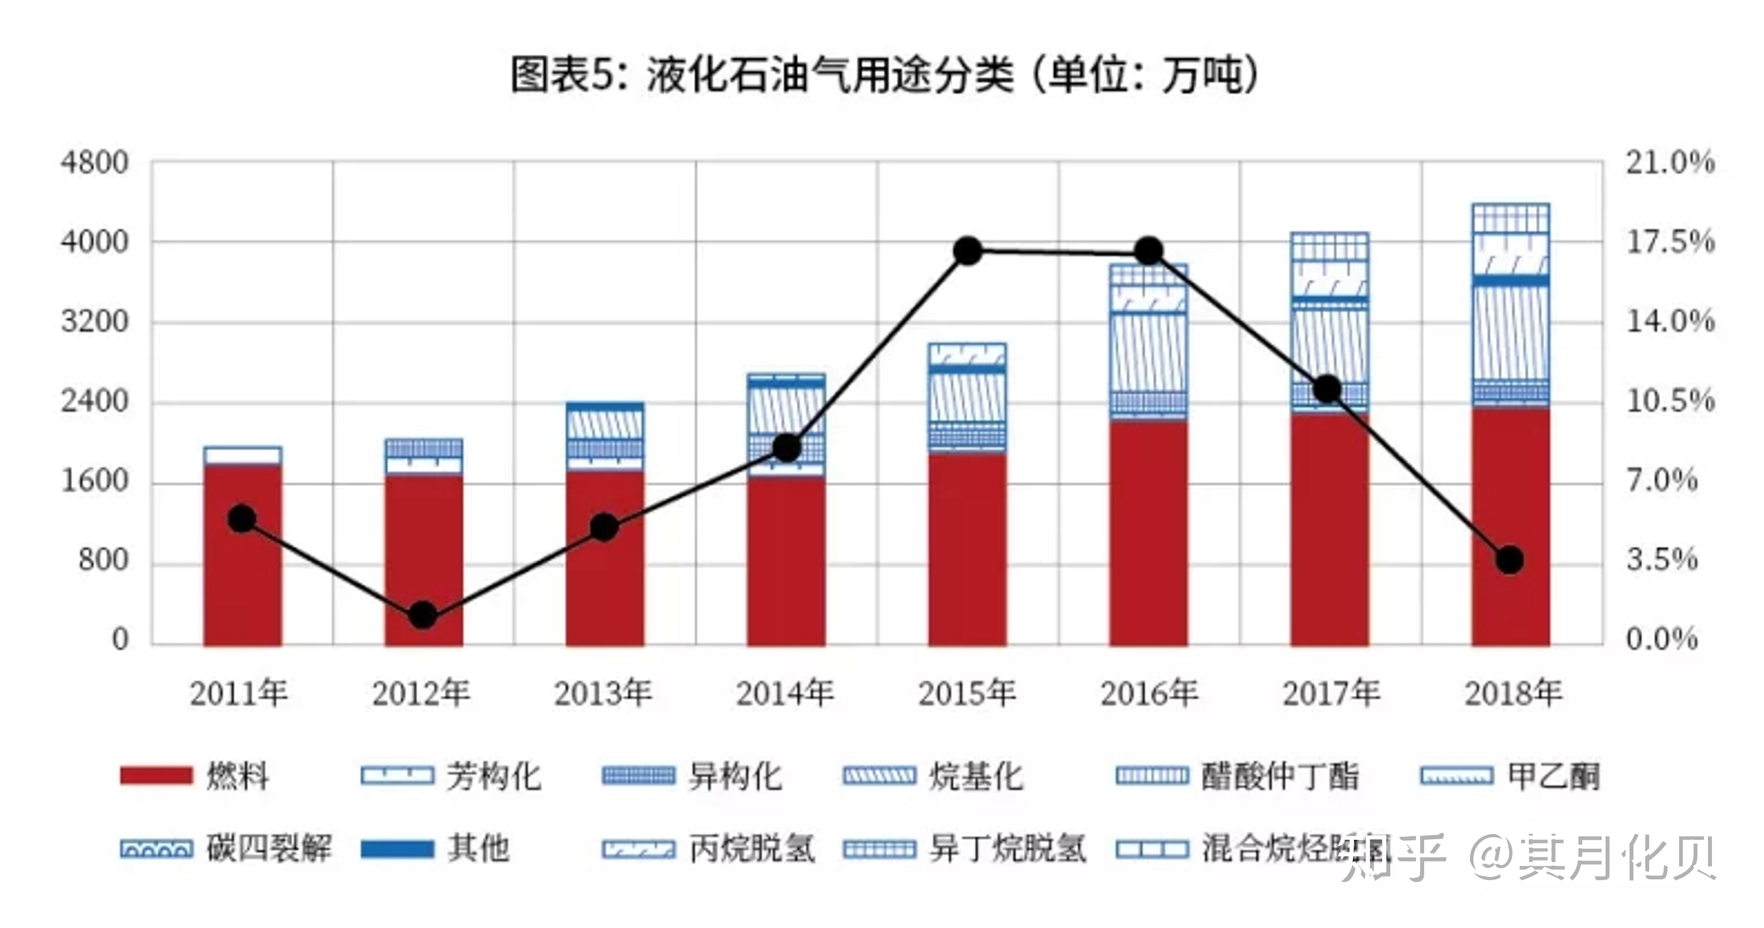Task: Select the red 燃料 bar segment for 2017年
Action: pyautogui.click(x=1329, y=534)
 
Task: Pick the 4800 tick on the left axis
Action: pyautogui.click(x=94, y=163)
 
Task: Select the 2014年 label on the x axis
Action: pyautogui.click(x=785, y=693)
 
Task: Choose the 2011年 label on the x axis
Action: pyautogui.click(x=238, y=693)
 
